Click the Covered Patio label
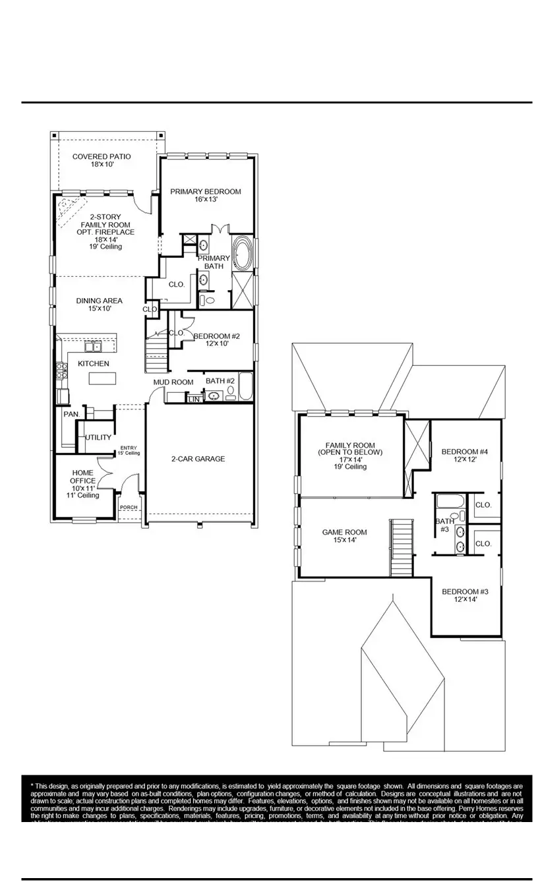pyautogui.click(x=102, y=161)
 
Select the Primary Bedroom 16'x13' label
pyautogui.click(x=206, y=195)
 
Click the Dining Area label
pyautogui.click(x=99, y=305)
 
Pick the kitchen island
pyautogui.click(x=103, y=378)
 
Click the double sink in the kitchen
pyautogui.click(x=94, y=346)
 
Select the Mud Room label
pyautogui.click(x=173, y=382)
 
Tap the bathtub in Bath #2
pyautogui.click(x=245, y=387)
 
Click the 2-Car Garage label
pyautogui.click(x=198, y=459)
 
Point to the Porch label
pyautogui.click(x=129, y=508)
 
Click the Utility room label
pyautogui.click(x=98, y=438)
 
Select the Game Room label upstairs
pyautogui.click(x=344, y=536)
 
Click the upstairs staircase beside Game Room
pyautogui.click(x=401, y=547)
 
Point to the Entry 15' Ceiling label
pyautogui.click(x=129, y=451)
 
